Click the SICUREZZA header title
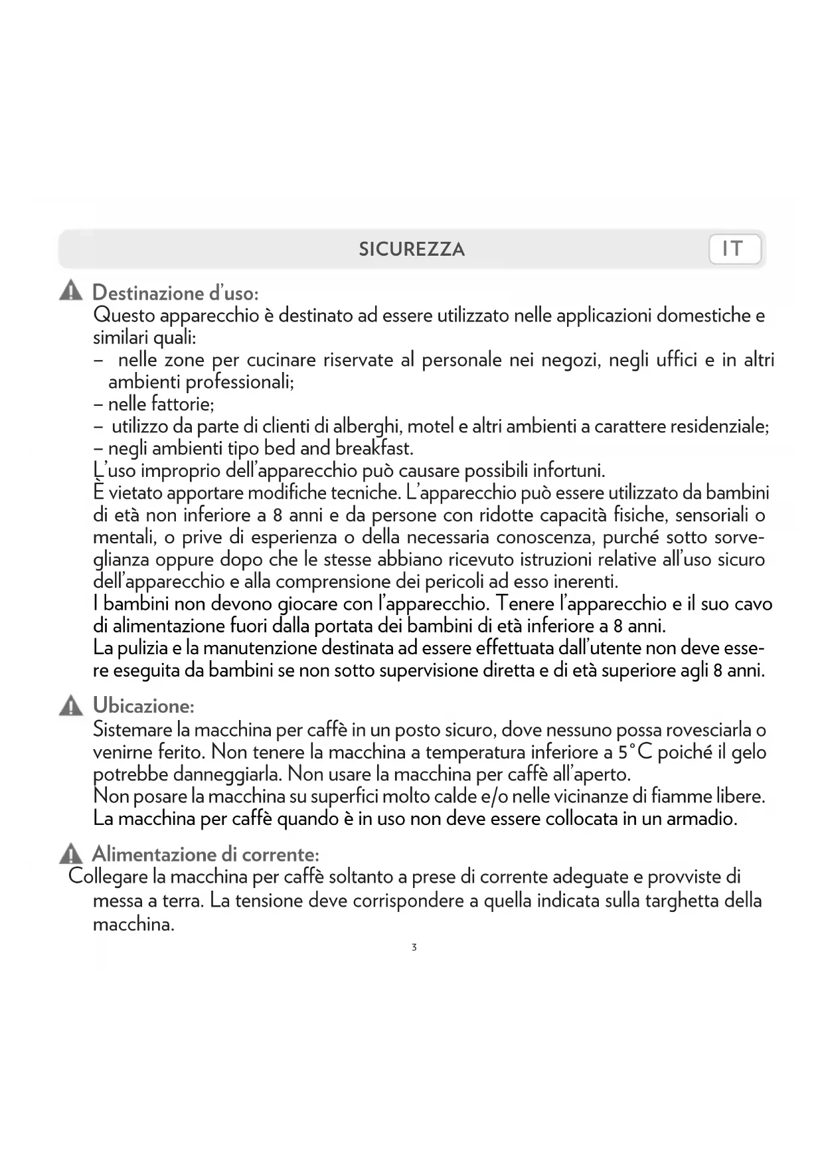412,250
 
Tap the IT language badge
734,249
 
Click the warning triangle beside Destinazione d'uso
70,291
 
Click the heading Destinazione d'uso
175,292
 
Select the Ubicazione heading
143,705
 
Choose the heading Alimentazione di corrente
205,853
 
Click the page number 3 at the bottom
414,947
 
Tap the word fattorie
182,404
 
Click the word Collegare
108,877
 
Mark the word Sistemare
133,730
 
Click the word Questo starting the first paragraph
124,315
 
